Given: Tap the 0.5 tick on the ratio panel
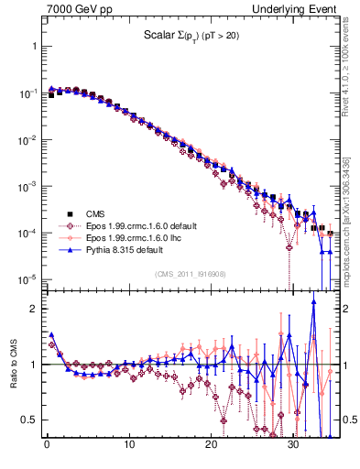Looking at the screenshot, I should [28, 420].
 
